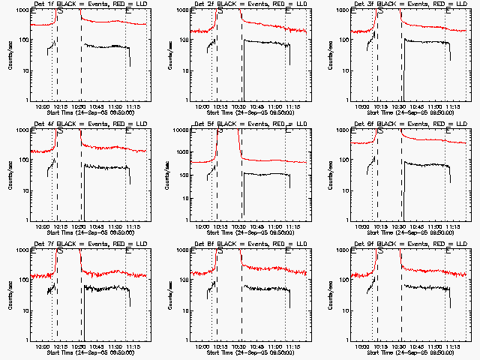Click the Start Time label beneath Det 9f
point(412,352)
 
